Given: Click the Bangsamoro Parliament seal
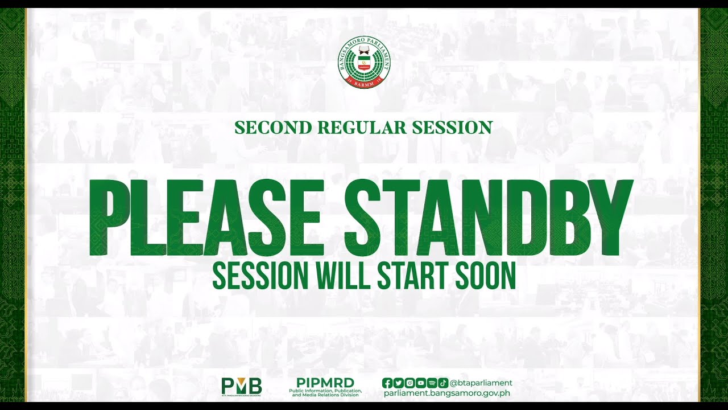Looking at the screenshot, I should click(x=364, y=63).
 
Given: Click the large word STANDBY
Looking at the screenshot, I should click(x=487, y=218).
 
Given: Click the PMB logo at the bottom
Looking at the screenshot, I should click(x=242, y=386).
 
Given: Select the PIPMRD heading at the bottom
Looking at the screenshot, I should click(x=325, y=382).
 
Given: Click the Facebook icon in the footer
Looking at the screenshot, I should click(x=387, y=383).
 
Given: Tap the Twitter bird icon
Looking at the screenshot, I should click(x=398, y=383).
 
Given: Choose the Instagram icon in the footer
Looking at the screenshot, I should click(x=409, y=383).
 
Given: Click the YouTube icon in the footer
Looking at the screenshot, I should click(x=420, y=383).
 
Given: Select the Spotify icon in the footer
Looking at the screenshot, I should click(x=432, y=383).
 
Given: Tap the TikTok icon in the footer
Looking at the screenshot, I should click(x=442, y=383).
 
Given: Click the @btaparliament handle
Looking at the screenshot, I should click(x=481, y=383).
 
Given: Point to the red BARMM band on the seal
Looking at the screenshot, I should click(x=364, y=83).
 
